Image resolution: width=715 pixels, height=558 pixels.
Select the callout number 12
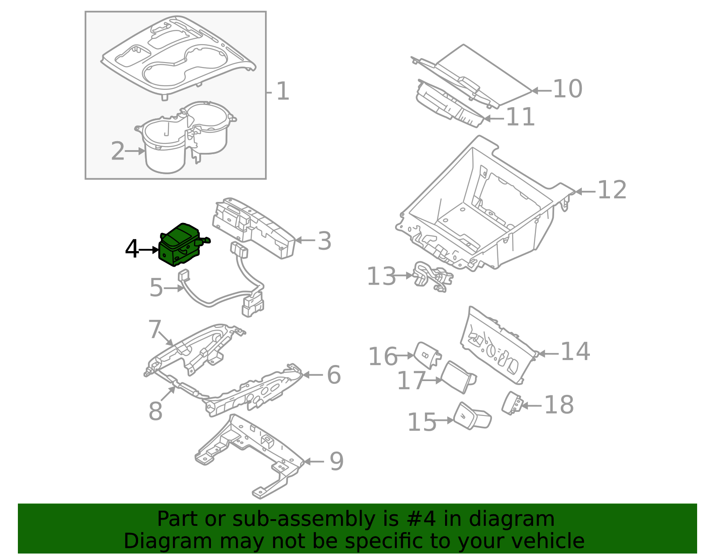(x=612, y=190)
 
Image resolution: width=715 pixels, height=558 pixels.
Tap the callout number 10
(x=568, y=89)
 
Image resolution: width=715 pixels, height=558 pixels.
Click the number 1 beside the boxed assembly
(x=283, y=92)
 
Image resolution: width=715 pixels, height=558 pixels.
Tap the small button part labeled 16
(x=427, y=355)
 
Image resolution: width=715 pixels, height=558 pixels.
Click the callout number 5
(x=156, y=288)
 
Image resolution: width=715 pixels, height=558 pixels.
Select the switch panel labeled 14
(x=496, y=348)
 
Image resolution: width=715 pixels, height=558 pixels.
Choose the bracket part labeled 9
(x=250, y=456)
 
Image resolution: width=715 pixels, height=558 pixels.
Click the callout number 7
(x=155, y=330)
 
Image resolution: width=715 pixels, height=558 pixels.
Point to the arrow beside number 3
(x=305, y=240)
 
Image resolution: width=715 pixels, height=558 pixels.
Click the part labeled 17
(x=457, y=377)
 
